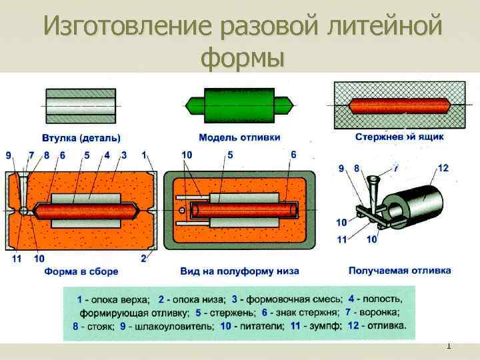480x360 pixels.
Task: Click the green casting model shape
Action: coord(239,105)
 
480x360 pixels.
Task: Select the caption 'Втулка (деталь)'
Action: coord(81,138)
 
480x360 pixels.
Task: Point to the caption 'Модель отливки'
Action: coord(239,137)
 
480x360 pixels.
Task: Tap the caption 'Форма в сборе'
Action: coord(81,271)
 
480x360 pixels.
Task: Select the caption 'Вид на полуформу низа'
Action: coord(239,271)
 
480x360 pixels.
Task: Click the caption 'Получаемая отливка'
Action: coord(399,271)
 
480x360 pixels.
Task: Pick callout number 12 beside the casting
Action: coord(443,168)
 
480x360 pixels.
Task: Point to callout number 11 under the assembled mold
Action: coord(17,259)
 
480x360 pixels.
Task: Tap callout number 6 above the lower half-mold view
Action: coord(293,155)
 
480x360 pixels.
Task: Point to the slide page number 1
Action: coord(449,345)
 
